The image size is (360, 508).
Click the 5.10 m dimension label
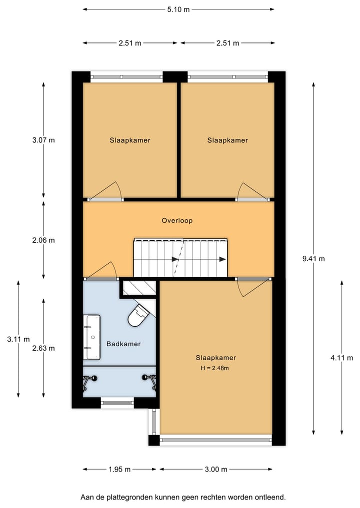178,9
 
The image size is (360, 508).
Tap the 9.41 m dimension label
313,259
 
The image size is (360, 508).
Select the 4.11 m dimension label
342,358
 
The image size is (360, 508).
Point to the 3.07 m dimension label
43,140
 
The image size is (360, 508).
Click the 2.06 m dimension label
43,240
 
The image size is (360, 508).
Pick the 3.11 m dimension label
18,339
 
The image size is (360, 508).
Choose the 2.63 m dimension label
43,348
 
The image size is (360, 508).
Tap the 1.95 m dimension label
119,469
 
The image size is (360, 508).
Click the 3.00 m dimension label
216,469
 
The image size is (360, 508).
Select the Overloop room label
177,220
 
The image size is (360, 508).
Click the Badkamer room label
123,344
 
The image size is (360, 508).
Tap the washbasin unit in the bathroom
92,337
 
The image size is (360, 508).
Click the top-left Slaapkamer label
130,140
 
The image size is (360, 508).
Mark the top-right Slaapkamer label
227,140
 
